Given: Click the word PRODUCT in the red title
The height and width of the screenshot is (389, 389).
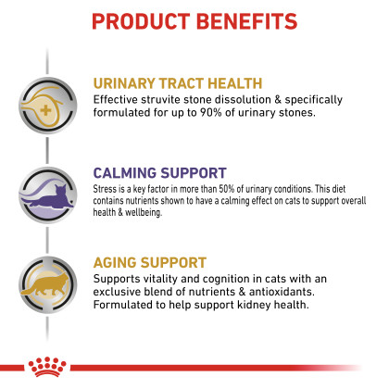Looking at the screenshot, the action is click(x=141, y=21).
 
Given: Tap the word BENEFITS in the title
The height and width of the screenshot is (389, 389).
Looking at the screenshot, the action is click(x=246, y=21).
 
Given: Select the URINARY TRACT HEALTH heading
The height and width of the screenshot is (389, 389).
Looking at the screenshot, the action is click(x=178, y=83).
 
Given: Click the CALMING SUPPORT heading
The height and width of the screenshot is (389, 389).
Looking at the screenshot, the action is click(x=160, y=173).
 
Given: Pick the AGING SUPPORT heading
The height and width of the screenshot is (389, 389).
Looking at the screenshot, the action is click(x=150, y=263).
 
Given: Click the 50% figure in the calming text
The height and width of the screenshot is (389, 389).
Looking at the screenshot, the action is click(x=227, y=189).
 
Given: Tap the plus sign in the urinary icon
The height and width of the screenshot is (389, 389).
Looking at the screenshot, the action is click(x=45, y=110).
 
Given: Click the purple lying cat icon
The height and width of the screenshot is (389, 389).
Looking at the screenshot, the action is click(x=48, y=196).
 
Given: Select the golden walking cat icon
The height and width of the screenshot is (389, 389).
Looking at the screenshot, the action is click(x=45, y=284).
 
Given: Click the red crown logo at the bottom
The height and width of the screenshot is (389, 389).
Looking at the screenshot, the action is click(x=47, y=367).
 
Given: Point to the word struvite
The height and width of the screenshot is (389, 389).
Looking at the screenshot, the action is click(x=160, y=99).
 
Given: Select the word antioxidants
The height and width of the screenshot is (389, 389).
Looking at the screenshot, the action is click(x=282, y=292).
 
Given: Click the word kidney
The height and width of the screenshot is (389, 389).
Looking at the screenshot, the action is click(x=254, y=305).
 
